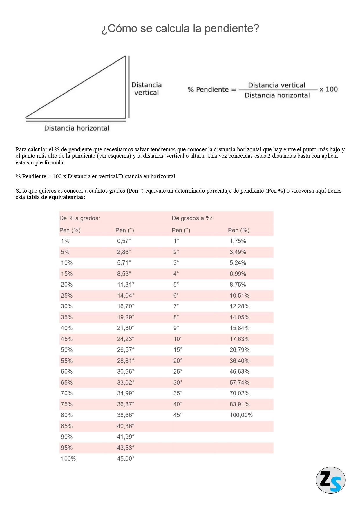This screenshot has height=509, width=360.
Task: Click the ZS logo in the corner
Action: (x=330, y=480)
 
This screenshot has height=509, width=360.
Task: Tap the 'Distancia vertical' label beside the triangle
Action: (x=146, y=89)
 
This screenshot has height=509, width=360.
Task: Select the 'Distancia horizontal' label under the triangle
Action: (x=77, y=128)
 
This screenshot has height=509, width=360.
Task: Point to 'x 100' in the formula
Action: (x=329, y=89)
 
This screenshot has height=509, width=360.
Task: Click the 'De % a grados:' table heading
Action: (x=80, y=218)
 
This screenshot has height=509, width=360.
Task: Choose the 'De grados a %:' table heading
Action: (x=192, y=218)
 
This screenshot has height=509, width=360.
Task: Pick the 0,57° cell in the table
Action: (x=124, y=241)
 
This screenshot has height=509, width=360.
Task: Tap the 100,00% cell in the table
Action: (x=241, y=415)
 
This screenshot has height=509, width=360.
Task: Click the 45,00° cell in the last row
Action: (x=126, y=459)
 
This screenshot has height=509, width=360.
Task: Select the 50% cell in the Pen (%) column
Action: (x=67, y=350)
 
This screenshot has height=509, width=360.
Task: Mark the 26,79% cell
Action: (x=240, y=350)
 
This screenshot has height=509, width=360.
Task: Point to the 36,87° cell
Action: (x=126, y=404)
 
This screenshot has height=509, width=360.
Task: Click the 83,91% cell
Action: (x=240, y=404)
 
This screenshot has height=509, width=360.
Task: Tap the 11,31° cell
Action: (x=126, y=285)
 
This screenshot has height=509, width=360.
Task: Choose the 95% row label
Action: (x=67, y=448)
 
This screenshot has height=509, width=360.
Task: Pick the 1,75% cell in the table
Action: (x=238, y=241)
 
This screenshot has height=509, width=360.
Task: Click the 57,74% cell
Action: (x=240, y=383)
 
